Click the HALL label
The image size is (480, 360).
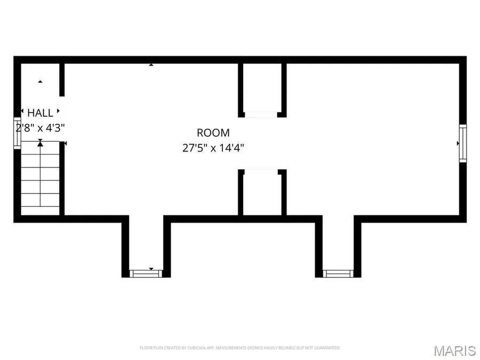pyautogui.click(x=41, y=113)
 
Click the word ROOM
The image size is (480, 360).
pyautogui.click(x=213, y=133)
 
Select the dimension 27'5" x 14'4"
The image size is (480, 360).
pyautogui.click(x=213, y=148)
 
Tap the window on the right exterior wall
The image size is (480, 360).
pyautogui.click(x=462, y=143)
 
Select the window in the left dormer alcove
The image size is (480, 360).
pyautogui.click(x=146, y=274)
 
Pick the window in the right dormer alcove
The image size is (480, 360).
pyautogui.click(x=338, y=274)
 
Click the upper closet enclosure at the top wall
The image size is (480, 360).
pyautogui.click(x=262, y=89)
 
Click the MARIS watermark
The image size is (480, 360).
pyautogui.click(x=454, y=350)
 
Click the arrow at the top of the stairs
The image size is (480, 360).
pyautogui.click(x=40, y=143)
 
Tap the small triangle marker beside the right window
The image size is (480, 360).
pyautogui.click(x=458, y=143)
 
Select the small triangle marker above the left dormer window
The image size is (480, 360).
pyautogui.click(x=151, y=269)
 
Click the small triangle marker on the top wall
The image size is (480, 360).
pyautogui.click(x=151, y=65)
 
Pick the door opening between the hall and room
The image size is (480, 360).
pyautogui.click(x=62, y=119)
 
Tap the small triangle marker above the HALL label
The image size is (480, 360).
pyautogui.click(x=40, y=82)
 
